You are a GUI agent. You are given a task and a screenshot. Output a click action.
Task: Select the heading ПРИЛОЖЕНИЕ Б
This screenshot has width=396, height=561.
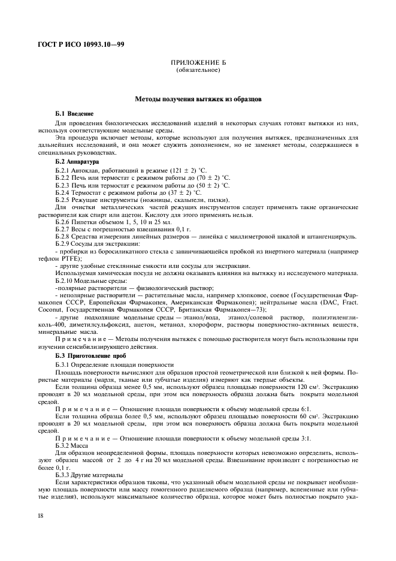198,63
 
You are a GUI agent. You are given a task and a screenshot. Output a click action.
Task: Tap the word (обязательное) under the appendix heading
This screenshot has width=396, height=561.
198,70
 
